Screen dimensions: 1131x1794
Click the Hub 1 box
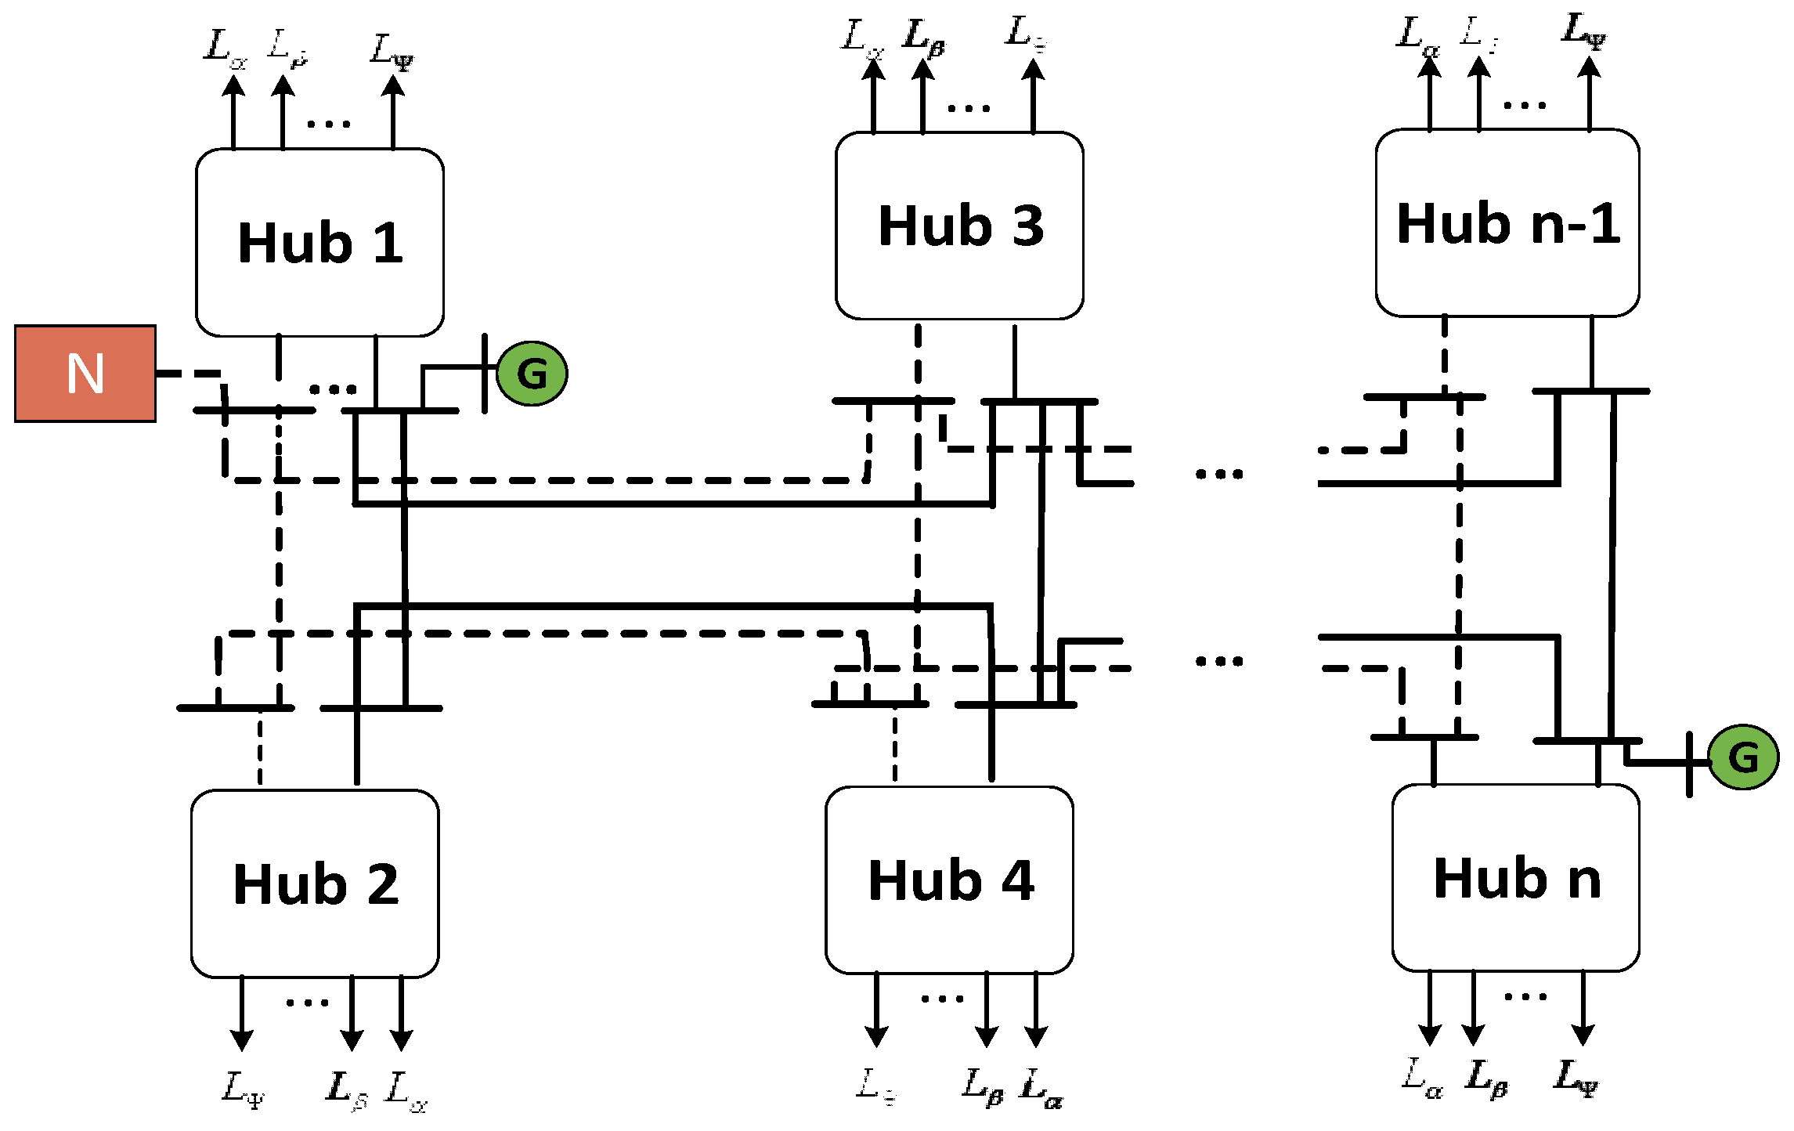319,243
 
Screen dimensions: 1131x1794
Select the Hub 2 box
315,883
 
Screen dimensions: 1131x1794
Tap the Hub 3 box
959,226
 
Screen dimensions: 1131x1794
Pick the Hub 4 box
949,880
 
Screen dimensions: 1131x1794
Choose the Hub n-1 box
1507,223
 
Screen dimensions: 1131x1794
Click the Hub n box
1515,877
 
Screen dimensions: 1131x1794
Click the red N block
85,374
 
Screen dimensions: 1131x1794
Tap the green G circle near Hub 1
532,374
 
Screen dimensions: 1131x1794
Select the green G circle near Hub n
1743,757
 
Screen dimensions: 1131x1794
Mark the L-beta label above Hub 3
924,38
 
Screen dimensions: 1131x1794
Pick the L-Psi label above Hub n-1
1583,31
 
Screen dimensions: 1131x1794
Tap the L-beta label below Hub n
1486,1078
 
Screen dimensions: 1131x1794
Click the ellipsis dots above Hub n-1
1525,105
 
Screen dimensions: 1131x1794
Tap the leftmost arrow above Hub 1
233,110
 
